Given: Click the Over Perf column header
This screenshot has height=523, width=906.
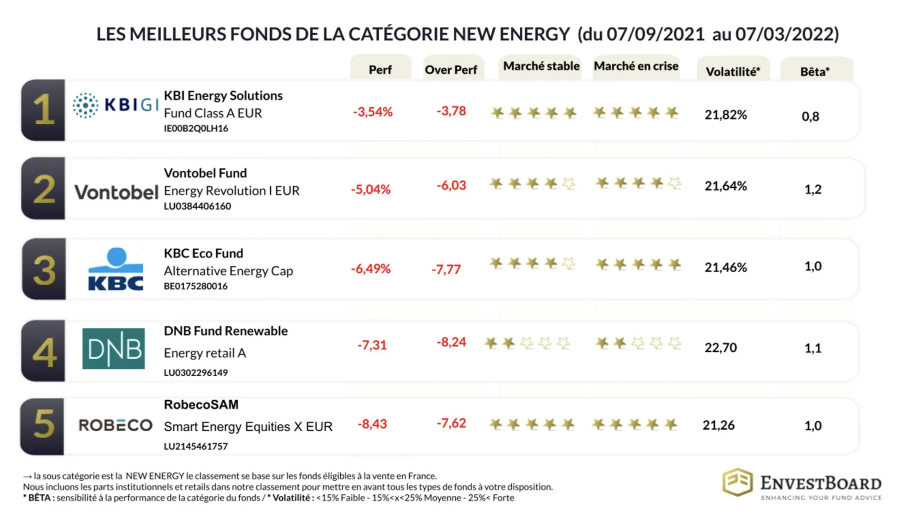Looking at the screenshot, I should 451,69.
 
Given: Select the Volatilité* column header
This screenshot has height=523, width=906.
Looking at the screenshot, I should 733,71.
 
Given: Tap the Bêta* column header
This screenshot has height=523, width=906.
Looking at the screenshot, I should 815,71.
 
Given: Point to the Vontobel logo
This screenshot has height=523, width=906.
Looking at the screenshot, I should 116,192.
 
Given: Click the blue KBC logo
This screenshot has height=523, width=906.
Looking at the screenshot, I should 116,269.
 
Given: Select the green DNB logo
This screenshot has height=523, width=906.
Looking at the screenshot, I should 114,349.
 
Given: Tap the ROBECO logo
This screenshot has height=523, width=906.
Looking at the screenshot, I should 115,425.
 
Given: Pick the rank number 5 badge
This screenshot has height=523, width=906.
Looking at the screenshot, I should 43,425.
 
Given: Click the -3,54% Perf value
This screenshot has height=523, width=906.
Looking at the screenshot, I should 372,112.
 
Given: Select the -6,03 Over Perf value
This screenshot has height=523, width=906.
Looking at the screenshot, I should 451,185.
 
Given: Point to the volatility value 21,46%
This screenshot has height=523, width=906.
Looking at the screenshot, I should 726,267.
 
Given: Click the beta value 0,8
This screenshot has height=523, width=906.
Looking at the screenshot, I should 810,116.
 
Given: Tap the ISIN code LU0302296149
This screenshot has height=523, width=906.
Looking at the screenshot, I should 196,373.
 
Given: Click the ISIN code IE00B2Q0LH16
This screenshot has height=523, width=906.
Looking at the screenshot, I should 196,129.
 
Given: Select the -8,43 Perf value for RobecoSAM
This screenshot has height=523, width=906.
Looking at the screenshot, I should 372,424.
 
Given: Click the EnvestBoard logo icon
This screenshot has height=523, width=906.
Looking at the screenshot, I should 737,482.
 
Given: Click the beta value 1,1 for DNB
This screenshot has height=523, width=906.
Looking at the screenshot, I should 813,348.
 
